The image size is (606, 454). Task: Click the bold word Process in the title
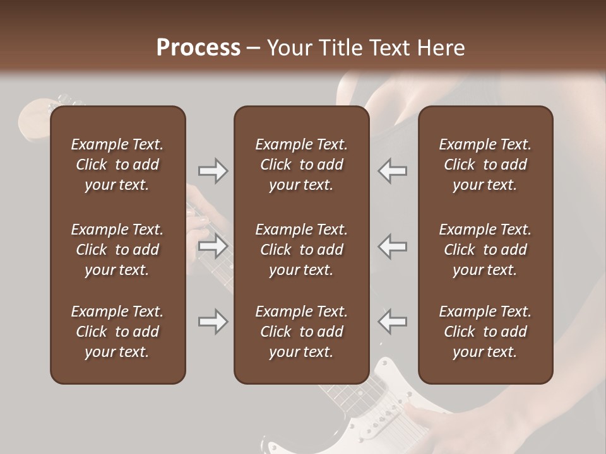(x=198, y=48)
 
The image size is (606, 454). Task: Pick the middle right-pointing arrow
(x=213, y=247)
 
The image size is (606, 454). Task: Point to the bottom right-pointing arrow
(x=213, y=322)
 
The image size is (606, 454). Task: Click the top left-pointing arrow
(x=393, y=171)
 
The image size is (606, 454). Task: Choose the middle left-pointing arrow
(x=393, y=247)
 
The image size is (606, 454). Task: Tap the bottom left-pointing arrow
(x=393, y=321)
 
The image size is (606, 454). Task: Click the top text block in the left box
(x=117, y=165)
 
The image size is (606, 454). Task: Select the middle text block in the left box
(x=117, y=250)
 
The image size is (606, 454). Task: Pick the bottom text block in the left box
(x=117, y=332)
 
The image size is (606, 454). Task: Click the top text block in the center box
(x=301, y=165)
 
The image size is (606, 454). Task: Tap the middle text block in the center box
(x=301, y=250)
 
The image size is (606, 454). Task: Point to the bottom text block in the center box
(x=301, y=332)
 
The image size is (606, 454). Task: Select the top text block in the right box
(x=485, y=165)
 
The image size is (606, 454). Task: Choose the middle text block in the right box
(x=485, y=250)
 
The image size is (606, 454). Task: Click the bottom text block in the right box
(x=485, y=332)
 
